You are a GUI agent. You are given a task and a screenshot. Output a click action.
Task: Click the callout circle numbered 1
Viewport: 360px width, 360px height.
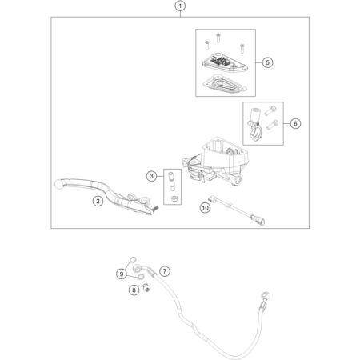180,6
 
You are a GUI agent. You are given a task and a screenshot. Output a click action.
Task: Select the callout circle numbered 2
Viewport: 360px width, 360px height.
98,201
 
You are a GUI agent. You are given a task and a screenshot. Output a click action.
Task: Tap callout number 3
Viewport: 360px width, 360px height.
151,176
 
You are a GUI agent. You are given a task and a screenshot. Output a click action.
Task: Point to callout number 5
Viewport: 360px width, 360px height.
267,62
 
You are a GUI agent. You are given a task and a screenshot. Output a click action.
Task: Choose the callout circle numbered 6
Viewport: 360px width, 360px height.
295,123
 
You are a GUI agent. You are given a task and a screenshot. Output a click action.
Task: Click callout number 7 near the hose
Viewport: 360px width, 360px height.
165,271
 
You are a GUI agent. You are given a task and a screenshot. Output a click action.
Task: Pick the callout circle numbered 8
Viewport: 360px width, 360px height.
134,290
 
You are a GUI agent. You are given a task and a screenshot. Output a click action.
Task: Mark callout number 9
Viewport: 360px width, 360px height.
122,274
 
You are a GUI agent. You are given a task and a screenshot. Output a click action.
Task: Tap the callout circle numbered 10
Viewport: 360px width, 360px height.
205,207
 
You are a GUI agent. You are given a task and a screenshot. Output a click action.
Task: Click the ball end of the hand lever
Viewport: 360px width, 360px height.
58,185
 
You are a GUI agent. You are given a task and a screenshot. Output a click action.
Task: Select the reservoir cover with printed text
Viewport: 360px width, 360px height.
225,63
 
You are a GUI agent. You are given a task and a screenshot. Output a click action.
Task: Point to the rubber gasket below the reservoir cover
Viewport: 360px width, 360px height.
225,84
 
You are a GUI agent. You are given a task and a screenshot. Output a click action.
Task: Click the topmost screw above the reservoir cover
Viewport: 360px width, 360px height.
218,38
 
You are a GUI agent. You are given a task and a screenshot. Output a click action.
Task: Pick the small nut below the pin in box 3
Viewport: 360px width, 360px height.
174,198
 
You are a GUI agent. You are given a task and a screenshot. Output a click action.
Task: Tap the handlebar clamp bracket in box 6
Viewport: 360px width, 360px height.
255,126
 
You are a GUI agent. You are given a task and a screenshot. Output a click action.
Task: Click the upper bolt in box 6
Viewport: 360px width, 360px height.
270,110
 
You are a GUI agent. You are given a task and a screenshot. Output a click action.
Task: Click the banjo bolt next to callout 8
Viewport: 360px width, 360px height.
146,286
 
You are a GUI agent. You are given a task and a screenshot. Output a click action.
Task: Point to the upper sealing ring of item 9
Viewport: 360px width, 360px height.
133,260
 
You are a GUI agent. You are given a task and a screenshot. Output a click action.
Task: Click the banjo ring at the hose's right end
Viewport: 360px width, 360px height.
266,295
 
